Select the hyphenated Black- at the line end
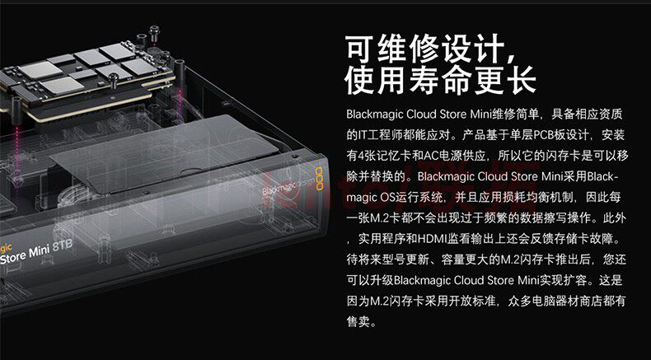pos(600,176)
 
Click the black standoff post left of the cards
pos(15,106)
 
